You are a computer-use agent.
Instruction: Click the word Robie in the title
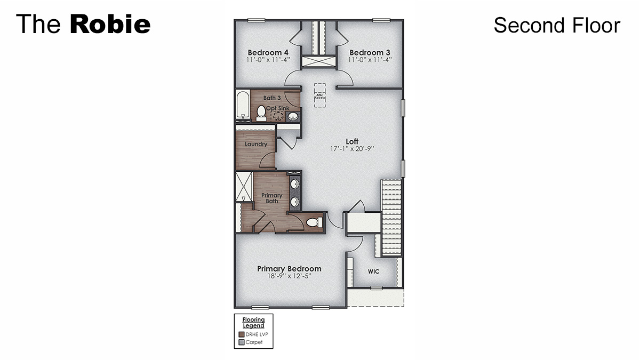click(110, 25)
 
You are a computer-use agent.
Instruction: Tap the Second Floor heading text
click(556, 25)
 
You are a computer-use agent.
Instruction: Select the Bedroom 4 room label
click(268, 52)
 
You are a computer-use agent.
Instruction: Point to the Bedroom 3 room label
click(370, 52)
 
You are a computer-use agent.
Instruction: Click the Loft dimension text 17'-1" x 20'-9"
click(352, 149)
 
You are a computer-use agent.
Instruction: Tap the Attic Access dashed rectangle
click(320, 95)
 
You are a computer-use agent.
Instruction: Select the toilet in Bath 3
click(261, 112)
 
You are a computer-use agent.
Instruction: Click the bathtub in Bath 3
click(243, 106)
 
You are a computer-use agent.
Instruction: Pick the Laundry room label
click(256, 144)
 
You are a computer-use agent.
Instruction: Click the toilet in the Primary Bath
click(314, 222)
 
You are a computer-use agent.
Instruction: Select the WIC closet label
click(373, 271)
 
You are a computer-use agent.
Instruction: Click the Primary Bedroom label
click(289, 268)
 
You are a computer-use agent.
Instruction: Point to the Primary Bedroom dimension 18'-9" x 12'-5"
click(289, 276)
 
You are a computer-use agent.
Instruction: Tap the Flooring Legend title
click(254, 323)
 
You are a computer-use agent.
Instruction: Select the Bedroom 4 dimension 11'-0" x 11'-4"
click(268, 60)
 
